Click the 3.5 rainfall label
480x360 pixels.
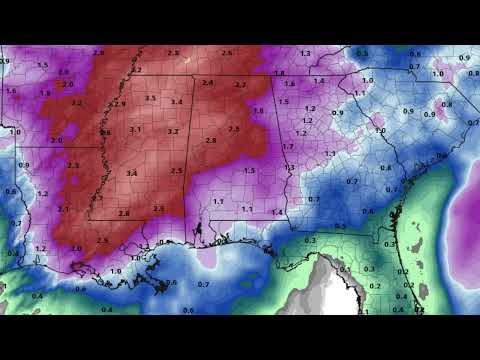tap(150, 98)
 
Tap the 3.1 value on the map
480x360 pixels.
tap(136, 129)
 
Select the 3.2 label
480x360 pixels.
tap(172, 131)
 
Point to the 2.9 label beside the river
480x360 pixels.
tap(120, 104)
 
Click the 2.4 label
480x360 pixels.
tap(207, 82)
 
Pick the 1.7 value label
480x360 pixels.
tap(288, 146)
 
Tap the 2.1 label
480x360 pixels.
tap(64, 208)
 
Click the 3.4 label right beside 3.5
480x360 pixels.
tap(176, 102)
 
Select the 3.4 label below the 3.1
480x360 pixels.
tap(132, 173)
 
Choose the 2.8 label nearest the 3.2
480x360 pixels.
tap(210, 140)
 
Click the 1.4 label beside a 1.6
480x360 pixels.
tap(319, 81)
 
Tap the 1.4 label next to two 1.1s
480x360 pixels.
tap(276, 212)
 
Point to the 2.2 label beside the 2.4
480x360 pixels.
tap(240, 85)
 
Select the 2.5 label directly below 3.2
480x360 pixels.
tap(176, 171)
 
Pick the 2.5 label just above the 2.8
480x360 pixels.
tap(234, 129)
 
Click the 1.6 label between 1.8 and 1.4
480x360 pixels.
tap(290, 84)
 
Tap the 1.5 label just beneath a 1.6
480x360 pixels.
tap(283, 101)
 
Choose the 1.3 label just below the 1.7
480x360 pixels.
tap(290, 167)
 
